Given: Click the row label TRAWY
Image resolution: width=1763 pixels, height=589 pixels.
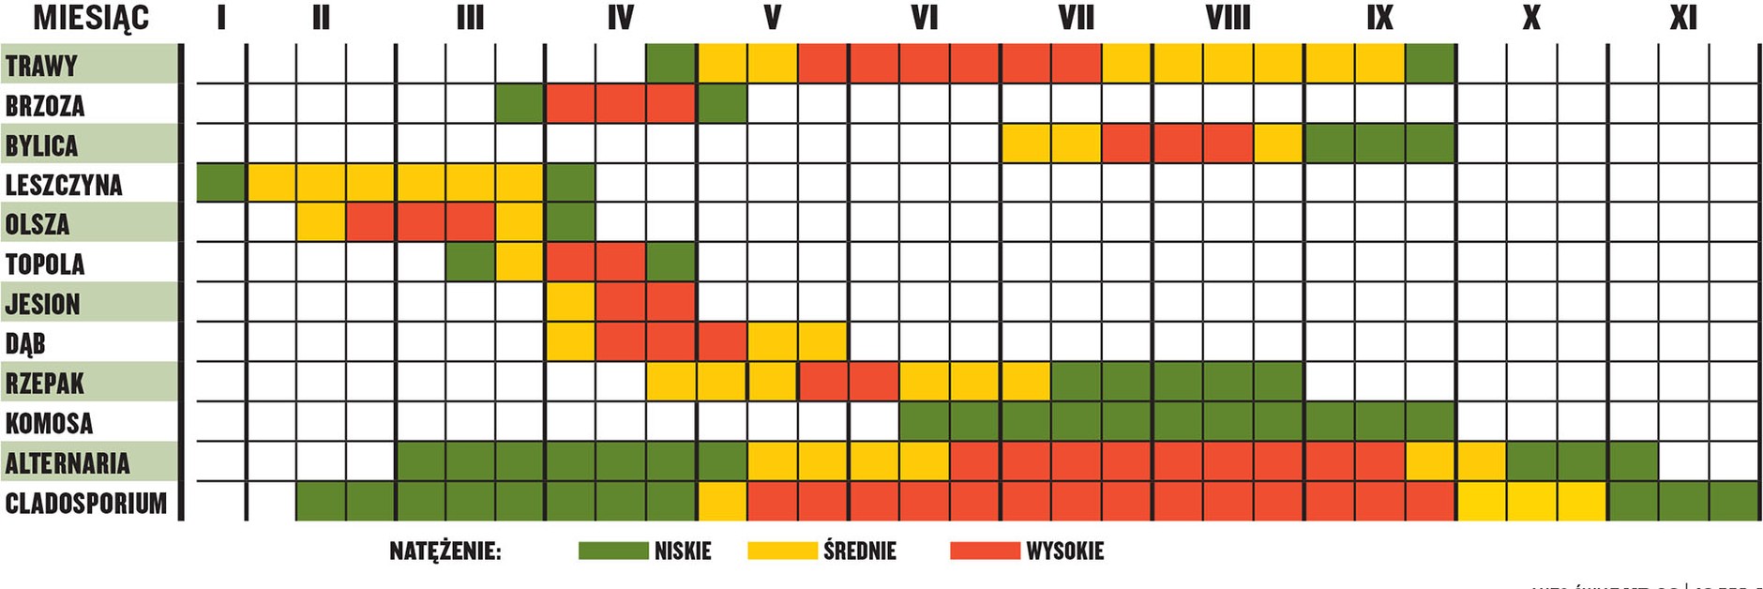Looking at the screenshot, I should pos(41,66).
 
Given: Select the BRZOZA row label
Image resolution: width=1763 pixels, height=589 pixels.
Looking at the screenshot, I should pos(45,106).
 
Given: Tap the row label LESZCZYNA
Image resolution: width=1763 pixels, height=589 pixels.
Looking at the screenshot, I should pos(64,185).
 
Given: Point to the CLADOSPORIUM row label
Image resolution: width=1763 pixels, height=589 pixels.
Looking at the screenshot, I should pos(86,504).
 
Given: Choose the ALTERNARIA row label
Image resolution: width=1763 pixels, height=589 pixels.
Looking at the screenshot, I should pos(68,463).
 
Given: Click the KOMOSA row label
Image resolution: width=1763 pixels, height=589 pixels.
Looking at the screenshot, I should pos(49,424).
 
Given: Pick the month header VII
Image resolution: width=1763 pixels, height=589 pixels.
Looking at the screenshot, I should pos(1076,18).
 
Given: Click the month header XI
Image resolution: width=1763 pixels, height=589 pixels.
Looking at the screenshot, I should pos(1682,18).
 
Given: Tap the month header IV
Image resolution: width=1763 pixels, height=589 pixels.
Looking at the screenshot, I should pos(620,18).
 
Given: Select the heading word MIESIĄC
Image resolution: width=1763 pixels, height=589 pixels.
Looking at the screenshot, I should pos(91,18).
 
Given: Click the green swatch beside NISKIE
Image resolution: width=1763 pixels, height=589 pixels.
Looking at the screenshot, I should pos(613,551).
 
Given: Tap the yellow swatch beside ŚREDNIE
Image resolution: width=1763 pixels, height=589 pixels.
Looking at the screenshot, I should pos(782,551).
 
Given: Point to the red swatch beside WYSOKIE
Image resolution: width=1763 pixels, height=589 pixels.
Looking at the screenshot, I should pos(985,551).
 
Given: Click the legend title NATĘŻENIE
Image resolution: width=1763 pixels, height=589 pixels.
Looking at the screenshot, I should pos(445,551).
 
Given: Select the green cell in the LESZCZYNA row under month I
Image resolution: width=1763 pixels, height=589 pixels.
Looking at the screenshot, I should pos(221,184).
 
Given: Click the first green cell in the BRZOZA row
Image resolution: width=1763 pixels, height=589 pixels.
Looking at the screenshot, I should pos(520,104).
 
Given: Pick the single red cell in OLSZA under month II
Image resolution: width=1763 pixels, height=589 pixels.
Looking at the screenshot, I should pos(370,223).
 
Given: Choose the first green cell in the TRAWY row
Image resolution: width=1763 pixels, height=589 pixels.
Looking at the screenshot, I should pos(671,64).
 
